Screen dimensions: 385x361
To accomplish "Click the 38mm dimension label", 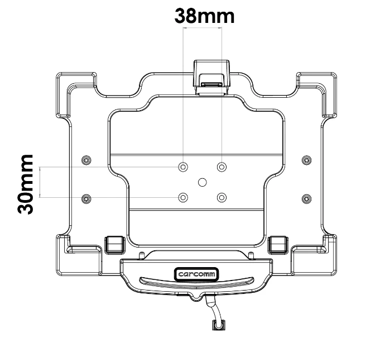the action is (x=204, y=16).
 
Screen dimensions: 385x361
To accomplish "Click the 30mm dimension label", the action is (x=25, y=184).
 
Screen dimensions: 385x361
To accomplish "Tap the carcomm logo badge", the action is (x=196, y=274).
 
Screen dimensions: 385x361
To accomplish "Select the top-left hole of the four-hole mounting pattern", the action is (x=183, y=167).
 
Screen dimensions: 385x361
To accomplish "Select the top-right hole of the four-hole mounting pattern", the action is (x=222, y=167).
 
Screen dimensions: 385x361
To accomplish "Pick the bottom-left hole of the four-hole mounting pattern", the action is (x=183, y=197).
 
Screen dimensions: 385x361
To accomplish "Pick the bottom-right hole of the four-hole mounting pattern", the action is (x=222, y=197).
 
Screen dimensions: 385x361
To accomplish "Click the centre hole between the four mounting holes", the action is (x=203, y=182).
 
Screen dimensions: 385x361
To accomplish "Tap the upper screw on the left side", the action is (x=86, y=160).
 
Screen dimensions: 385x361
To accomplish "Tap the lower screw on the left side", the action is (x=86, y=198).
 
